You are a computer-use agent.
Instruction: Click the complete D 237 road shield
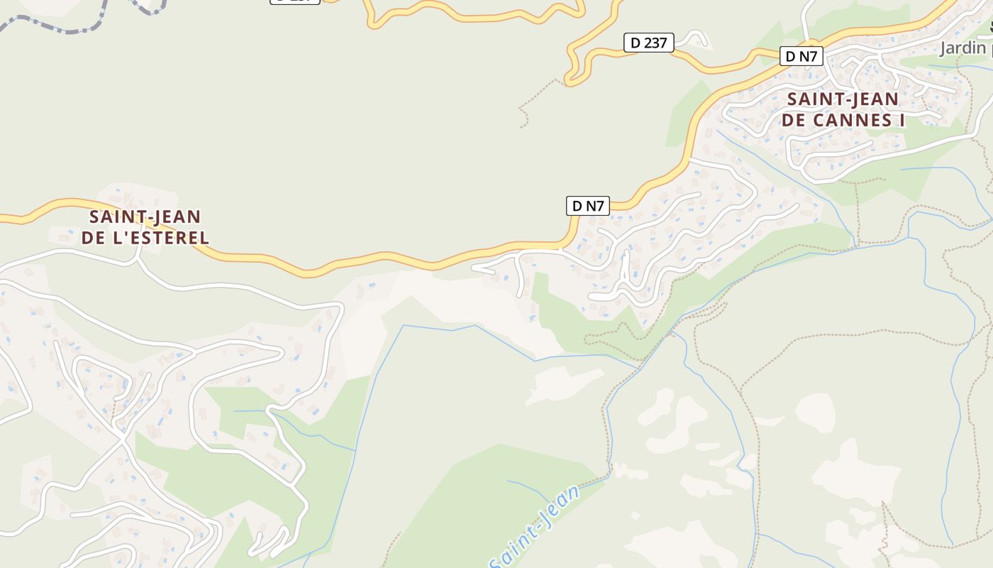648,43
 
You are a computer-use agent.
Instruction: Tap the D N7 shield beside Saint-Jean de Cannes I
801,56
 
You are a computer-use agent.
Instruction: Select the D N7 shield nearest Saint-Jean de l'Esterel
587,206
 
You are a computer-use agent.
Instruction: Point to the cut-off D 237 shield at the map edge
295,1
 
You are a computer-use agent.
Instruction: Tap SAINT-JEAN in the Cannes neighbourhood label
843,99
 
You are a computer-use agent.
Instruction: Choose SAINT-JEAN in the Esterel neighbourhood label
145,217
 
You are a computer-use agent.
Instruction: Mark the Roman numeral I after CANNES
902,120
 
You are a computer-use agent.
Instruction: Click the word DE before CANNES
795,120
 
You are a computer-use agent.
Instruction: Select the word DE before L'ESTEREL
93,238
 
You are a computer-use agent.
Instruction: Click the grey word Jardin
963,48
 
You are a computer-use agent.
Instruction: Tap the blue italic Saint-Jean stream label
533,527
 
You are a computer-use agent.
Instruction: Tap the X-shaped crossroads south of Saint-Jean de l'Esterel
122,440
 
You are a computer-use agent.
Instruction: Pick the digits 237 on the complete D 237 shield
656,43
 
